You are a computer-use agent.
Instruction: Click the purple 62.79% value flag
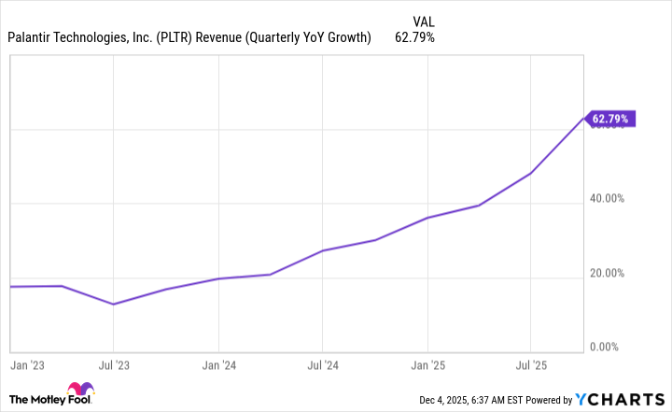(611, 119)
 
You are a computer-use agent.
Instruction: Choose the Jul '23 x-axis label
(113, 365)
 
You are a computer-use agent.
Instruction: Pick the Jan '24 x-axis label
(217, 365)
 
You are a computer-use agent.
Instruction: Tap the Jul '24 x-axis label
(322, 365)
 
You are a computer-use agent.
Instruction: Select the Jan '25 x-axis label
(427, 365)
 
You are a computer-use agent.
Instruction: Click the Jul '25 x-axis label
(530, 365)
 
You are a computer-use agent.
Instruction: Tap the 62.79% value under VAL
(415, 37)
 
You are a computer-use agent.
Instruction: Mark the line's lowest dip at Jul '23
(113, 304)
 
